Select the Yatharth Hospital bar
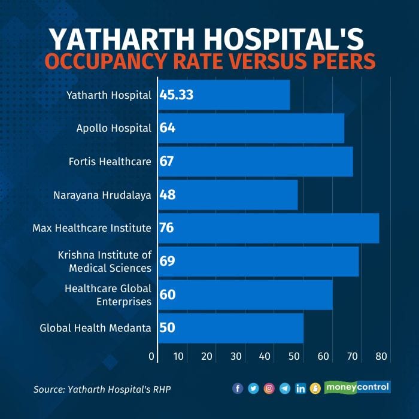pyautogui.click(x=224, y=95)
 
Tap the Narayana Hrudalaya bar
pyautogui.click(x=228, y=195)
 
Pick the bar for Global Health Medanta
pyautogui.click(x=231, y=328)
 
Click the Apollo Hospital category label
pyautogui.click(x=114, y=128)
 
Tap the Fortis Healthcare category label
pyautogui.click(x=110, y=161)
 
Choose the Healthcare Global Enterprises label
pyautogui.click(x=108, y=294)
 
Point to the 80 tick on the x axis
pyautogui.click(x=381, y=357)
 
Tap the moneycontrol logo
pyautogui.click(x=357, y=387)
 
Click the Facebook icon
pyautogui.click(x=238, y=388)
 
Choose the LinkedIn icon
pyautogui.click(x=300, y=388)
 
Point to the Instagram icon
pyautogui.click(x=269, y=388)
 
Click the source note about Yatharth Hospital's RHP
pyautogui.click(x=106, y=389)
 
